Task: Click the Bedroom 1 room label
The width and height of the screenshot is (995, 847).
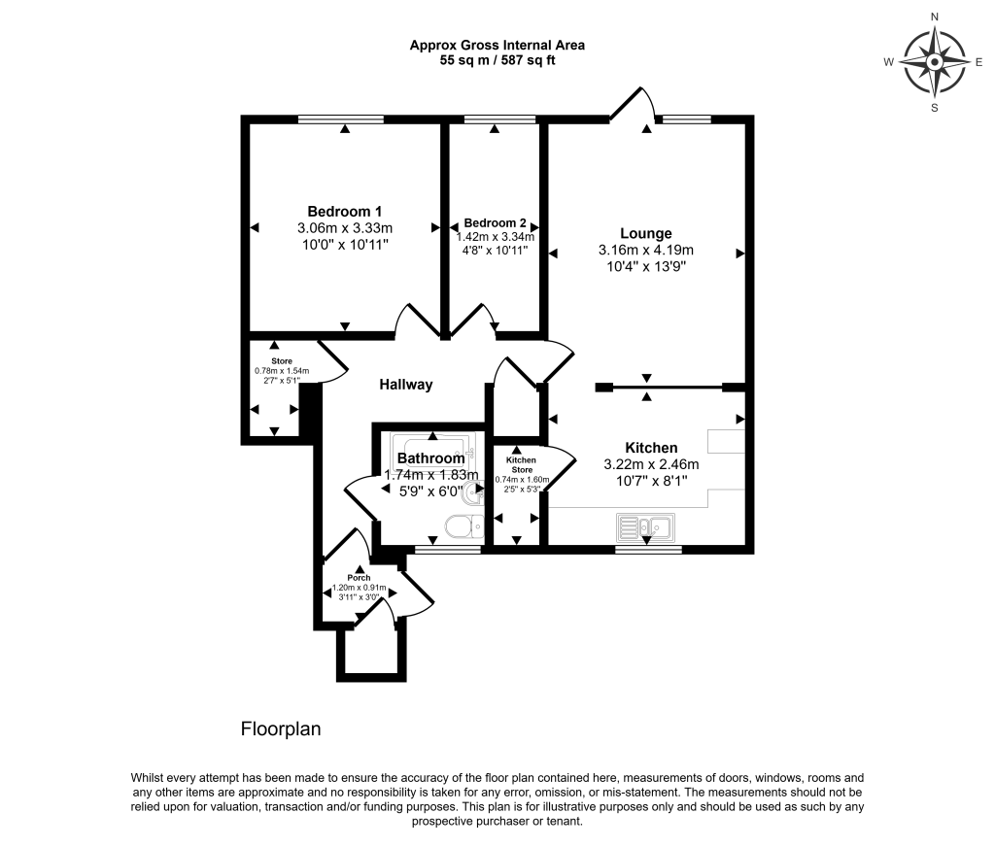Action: tap(344, 212)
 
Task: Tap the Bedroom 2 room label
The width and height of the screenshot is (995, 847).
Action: tap(495, 222)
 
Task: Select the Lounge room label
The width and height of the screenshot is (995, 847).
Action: tap(646, 233)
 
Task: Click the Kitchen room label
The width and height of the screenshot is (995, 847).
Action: tap(651, 448)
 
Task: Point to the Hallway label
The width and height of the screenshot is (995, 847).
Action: tap(405, 385)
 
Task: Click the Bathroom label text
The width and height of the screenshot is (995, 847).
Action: tap(430, 458)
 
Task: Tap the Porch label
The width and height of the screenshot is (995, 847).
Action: tap(360, 578)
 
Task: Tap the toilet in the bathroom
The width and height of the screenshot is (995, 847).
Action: tap(463, 527)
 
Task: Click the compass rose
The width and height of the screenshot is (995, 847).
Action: tap(934, 61)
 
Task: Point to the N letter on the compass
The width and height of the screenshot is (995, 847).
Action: tap(935, 17)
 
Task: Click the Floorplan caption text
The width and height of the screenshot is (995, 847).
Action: tap(281, 728)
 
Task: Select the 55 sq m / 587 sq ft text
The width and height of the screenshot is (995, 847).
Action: tap(497, 60)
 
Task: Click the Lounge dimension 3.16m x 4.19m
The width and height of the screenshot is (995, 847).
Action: tap(646, 250)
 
